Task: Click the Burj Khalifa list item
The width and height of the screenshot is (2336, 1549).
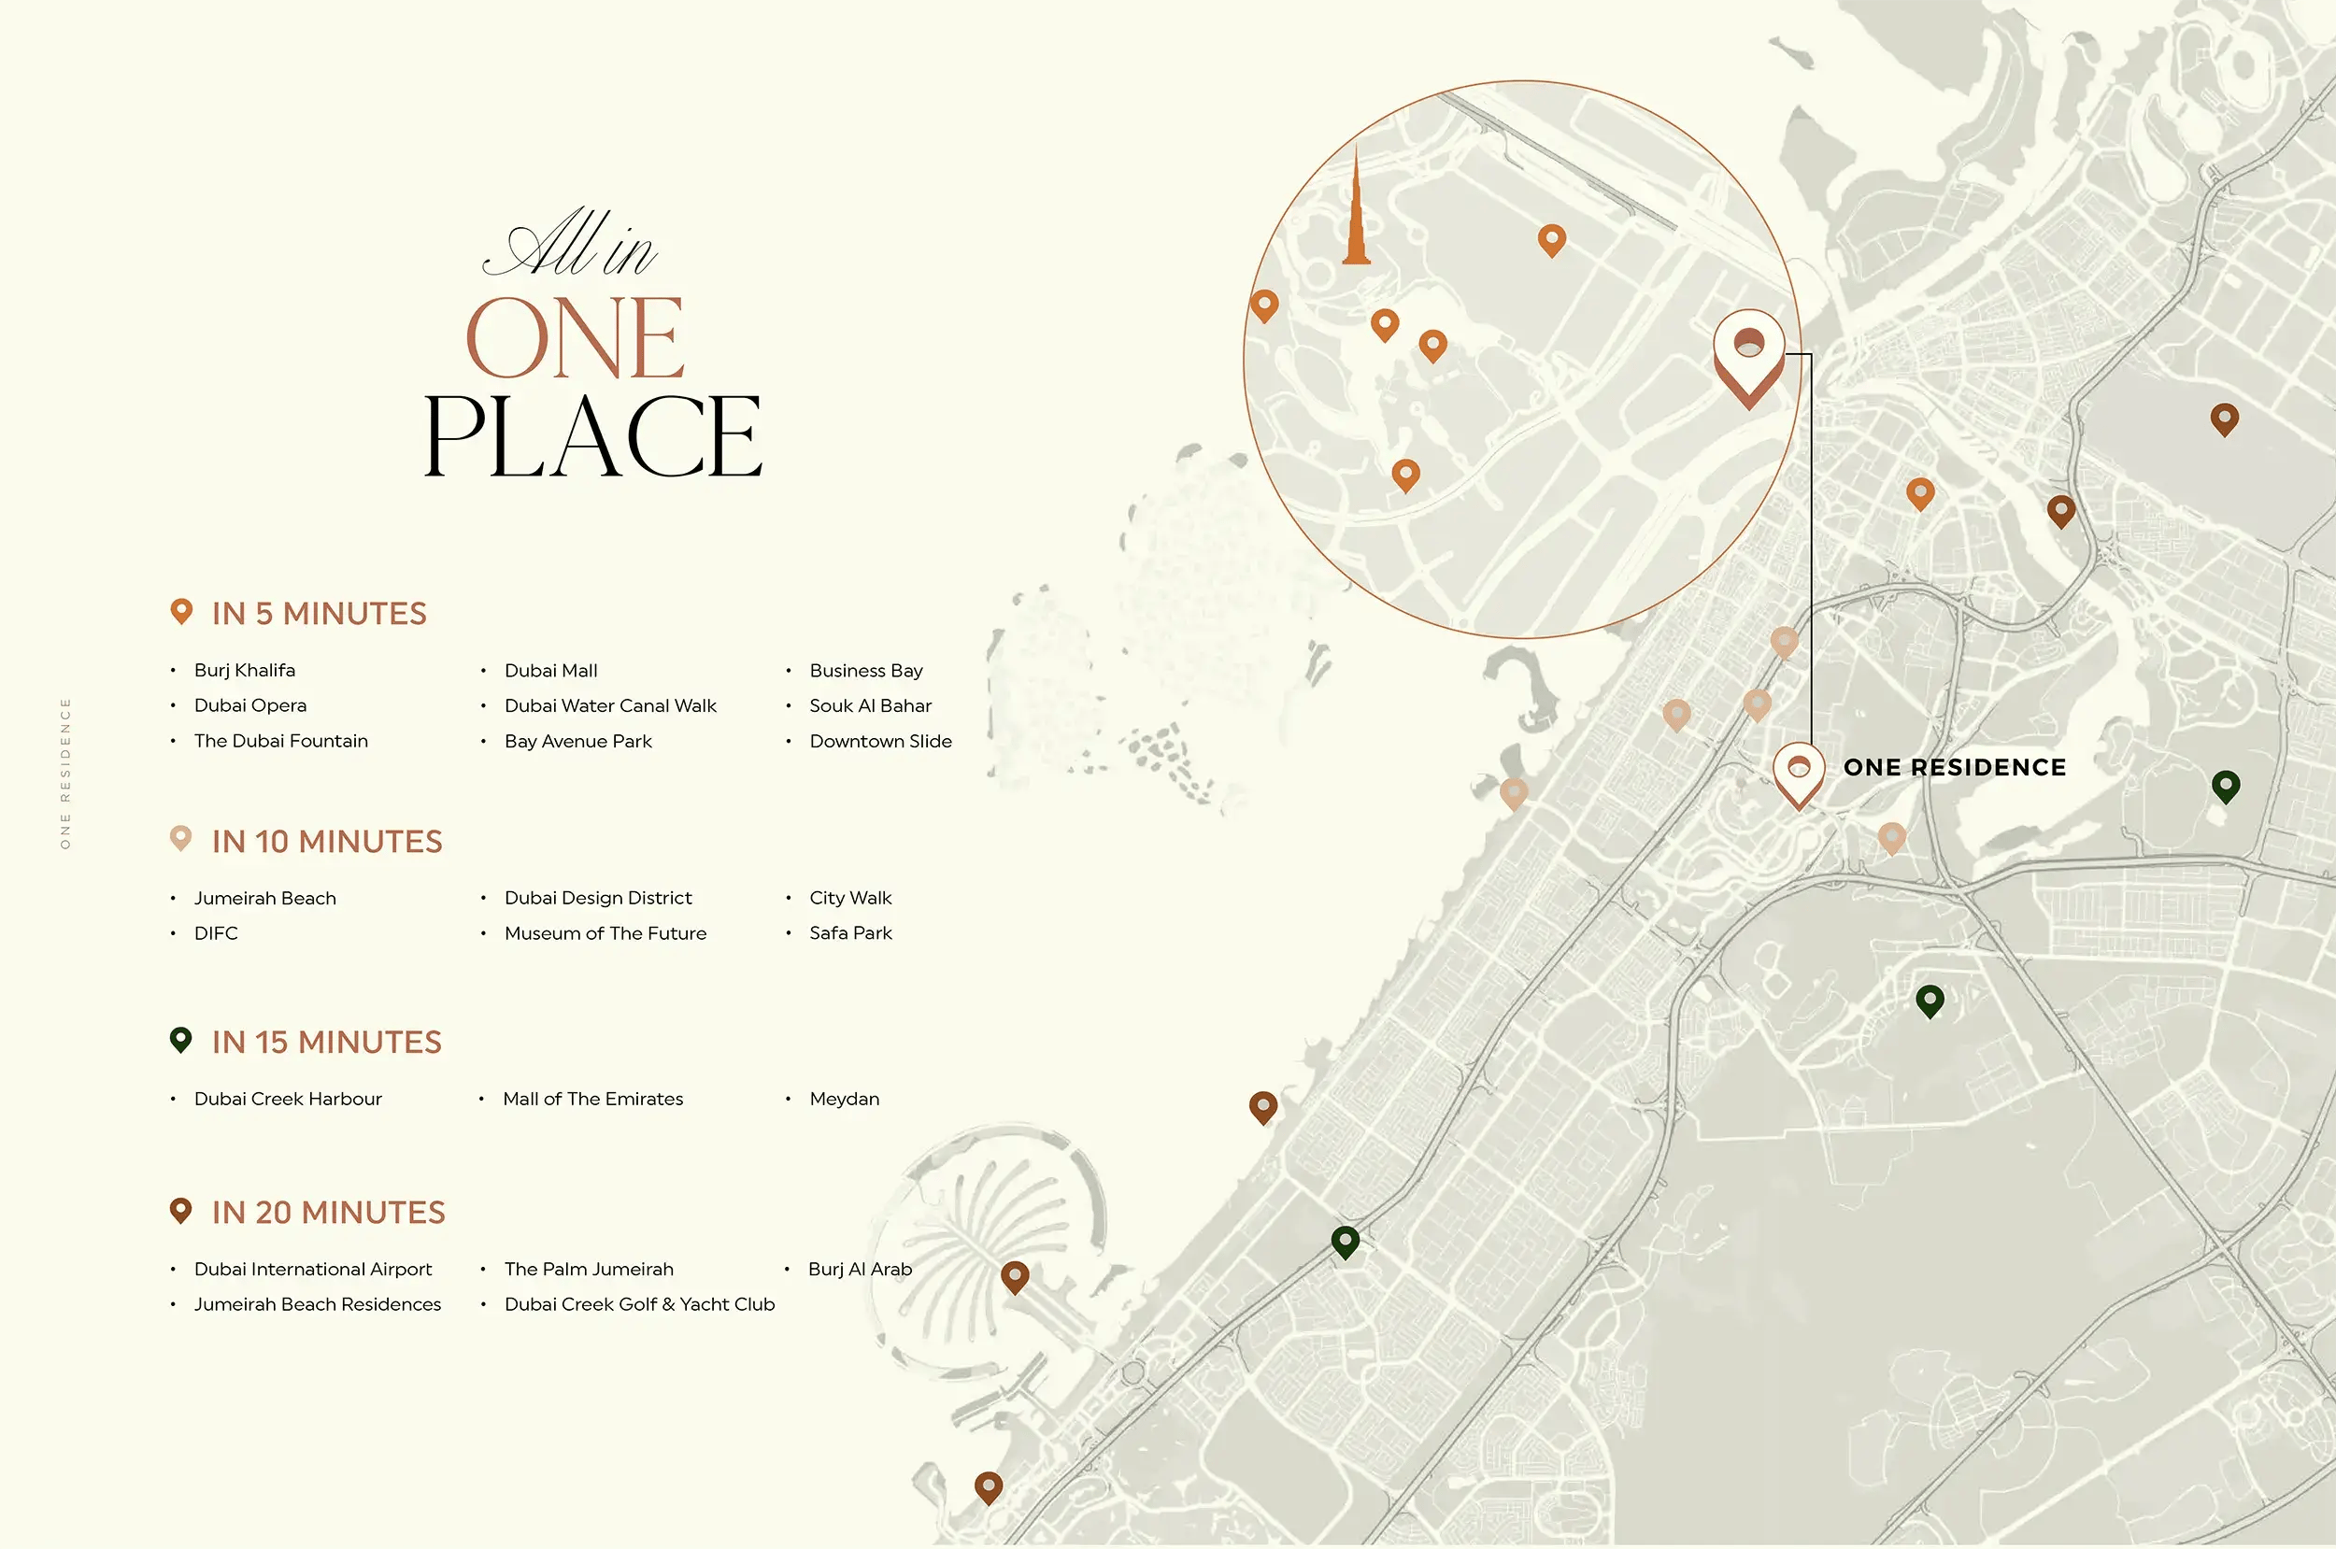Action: pyautogui.click(x=244, y=671)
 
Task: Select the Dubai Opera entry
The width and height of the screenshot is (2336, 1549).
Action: pyautogui.click(x=249, y=706)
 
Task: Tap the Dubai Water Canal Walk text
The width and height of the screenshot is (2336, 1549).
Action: pyautogui.click(x=609, y=706)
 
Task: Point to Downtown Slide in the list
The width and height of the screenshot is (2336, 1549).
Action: pyautogui.click(x=880, y=742)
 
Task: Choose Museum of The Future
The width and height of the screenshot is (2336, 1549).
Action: pyautogui.click(x=605, y=933)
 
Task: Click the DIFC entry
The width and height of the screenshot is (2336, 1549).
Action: pyautogui.click(x=215, y=933)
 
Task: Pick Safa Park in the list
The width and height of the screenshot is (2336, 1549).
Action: pyautogui.click(x=849, y=933)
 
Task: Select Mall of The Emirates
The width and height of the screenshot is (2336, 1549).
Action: pyautogui.click(x=592, y=1100)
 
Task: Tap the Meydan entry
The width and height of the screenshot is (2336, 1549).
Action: pyautogui.click(x=844, y=1100)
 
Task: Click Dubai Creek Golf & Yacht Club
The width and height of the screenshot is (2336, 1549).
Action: pyautogui.click(x=639, y=1305)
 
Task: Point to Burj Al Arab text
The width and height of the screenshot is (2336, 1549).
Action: pyautogui.click(x=860, y=1270)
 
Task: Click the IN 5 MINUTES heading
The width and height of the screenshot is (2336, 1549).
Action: pyautogui.click(x=319, y=615)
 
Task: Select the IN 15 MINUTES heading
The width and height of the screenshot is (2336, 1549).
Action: pyautogui.click(x=326, y=1044)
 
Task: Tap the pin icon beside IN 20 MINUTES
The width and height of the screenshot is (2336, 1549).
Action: pyautogui.click(x=180, y=1210)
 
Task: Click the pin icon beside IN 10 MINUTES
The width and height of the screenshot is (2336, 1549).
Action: pyautogui.click(x=180, y=839)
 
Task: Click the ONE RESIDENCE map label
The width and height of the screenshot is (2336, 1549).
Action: pyautogui.click(x=1954, y=769)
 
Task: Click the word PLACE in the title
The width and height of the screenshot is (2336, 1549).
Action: pyautogui.click(x=592, y=436)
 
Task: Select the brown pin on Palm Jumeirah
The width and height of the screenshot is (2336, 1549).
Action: pyautogui.click(x=1015, y=1276)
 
